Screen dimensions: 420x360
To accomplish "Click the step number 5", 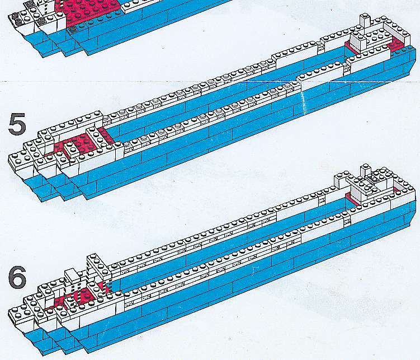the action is coord(17,124).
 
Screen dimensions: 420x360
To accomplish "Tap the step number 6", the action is coord(17,277).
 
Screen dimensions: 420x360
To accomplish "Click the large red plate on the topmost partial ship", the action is coord(88,11).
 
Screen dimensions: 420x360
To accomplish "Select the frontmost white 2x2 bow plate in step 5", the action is coord(21,160).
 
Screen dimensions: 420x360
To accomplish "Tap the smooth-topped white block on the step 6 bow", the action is coord(72,275).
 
